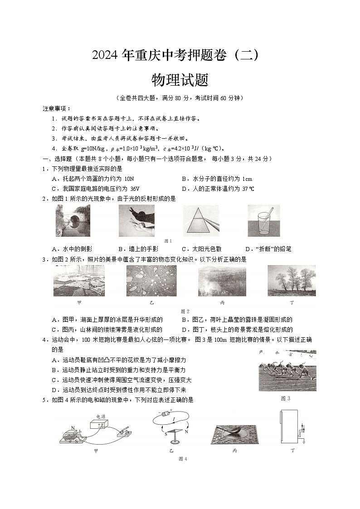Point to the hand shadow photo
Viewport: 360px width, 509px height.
tap(136, 220)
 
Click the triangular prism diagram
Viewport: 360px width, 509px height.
tap(200, 220)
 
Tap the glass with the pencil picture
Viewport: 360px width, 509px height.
tap(263, 220)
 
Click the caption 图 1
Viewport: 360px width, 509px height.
tap(168, 241)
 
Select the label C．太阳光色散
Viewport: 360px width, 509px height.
tap(202, 249)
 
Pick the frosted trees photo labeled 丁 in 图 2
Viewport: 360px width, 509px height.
tap(292, 281)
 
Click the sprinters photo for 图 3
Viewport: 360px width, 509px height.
tap(287, 371)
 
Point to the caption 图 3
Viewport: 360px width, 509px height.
tap(285, 398)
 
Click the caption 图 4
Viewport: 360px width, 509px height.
tap(183, 459)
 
